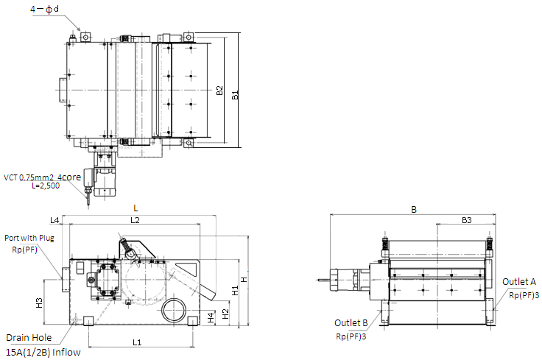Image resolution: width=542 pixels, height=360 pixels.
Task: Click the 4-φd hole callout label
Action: (45, 9)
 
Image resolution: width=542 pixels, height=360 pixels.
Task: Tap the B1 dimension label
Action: (235, 95)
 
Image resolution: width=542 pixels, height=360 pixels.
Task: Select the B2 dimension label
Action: (219, 91)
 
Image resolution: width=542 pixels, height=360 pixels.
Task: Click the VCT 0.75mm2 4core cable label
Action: (43, 177)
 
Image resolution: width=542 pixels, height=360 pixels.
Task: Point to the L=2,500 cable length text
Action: (46, 186)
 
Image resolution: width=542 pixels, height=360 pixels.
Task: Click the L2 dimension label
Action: (135, 220)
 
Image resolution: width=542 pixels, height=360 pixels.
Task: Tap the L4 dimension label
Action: (54, 220)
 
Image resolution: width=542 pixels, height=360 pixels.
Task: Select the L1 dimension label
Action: (137, 342)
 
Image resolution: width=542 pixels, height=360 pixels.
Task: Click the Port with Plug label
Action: (29, 238)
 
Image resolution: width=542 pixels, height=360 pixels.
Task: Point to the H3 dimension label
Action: (40, 303)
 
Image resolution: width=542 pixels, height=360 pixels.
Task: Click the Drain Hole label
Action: (29, 337)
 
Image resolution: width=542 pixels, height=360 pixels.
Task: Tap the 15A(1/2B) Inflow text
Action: (43, 353)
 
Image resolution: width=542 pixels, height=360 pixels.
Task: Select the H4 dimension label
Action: (211, 317)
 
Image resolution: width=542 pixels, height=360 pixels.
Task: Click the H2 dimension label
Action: (225, 314)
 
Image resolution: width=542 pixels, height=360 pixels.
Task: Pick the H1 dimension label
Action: (235, 291)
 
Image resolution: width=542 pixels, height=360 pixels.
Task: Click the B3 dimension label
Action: (467, 220)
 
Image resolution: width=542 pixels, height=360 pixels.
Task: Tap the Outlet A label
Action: (519, 282)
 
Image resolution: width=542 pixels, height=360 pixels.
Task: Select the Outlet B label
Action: (351, 323)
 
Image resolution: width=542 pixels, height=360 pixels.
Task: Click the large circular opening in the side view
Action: (174, 310)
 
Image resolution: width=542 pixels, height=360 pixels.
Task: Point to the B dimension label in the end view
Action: (414, 209)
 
